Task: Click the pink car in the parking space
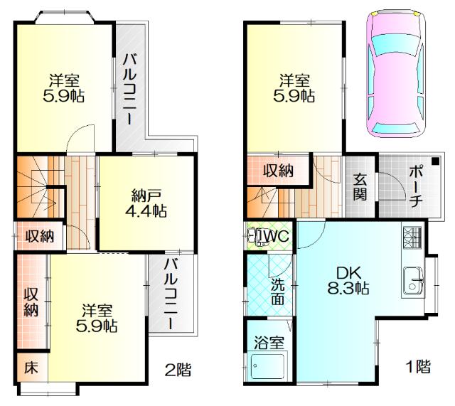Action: (395, 73)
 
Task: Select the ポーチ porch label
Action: (415, 187)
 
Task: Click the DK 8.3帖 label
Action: (348, 280)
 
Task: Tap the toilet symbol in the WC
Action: (255, 236)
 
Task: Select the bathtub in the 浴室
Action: (267, 366)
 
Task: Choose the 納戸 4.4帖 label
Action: (146, 203)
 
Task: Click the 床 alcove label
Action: (31, 368)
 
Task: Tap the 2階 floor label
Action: (178, 370)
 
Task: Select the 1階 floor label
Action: (418, 366)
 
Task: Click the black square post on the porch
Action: (435, 161)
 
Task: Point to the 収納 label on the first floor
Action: (278, 171)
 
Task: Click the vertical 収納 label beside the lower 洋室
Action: (31, 301)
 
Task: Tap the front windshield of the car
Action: (396, 44)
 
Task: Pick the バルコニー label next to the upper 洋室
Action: (129, 88)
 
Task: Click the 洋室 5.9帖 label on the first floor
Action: (294, 88)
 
